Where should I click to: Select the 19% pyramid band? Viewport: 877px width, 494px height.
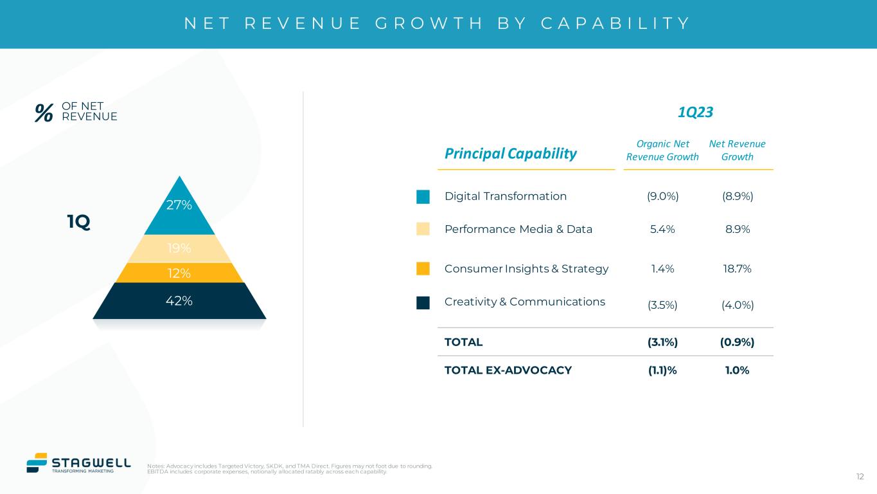(x=179, y=248)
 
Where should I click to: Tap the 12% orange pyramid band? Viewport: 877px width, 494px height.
(x=179, y=273)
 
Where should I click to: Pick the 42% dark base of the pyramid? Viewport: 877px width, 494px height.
(x=179, y=300)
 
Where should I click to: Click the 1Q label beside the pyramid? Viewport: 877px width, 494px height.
(x=78, y=223)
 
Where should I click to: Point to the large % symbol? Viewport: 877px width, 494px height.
(x=44, y=113)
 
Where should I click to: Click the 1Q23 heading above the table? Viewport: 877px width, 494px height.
(x=696, y=113)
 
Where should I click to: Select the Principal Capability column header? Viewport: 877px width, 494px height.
(x=511, y=153)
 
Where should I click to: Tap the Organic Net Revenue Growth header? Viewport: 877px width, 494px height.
(x=662, y=151)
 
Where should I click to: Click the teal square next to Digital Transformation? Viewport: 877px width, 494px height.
(x=423, y=197)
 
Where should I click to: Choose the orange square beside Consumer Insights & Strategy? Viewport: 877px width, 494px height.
(x=423, y=269)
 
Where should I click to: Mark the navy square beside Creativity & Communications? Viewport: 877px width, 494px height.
(x=423, y=302)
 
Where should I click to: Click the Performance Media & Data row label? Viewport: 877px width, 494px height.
(x=518, y=229)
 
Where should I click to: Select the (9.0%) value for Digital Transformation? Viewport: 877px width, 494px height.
(x=662, y=196)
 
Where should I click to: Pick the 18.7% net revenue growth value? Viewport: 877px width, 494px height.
(x=737, y=269)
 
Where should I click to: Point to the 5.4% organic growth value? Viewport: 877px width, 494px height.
(x=662, y=229)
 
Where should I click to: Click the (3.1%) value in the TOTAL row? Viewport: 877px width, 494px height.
(x=662, y=342)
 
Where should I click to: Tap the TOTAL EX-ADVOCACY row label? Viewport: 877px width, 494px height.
(x=508, y=370)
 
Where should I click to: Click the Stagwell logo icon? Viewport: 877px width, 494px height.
(x=37, y=462)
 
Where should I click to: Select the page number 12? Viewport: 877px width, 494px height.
(x=860, y=477)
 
